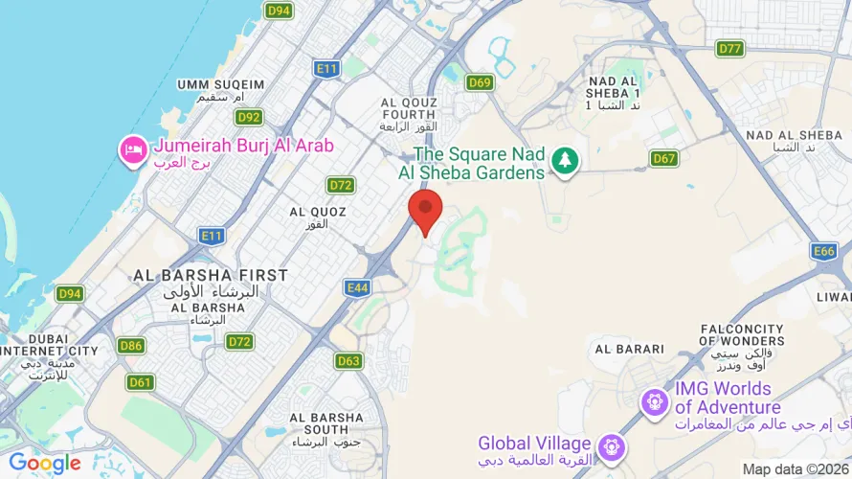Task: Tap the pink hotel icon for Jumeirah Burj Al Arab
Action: (x=132, y=149)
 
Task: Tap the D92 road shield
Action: (x=249, y=117)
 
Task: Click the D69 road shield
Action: (x=480, y=82)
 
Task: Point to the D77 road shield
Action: (x=730, y=48)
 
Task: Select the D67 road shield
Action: (x=663, y=158)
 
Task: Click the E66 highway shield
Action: (x=823, y=251)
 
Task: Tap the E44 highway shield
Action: (x=358, y=286)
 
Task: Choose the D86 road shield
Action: (x=131, y=345)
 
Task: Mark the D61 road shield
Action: (x=140, y=382)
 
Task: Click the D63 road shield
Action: (x=348, y=361)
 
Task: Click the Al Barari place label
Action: (x=628, y=349)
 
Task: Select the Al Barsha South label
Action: (x=326, y=423)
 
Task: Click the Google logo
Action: (x=45, y=464)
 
